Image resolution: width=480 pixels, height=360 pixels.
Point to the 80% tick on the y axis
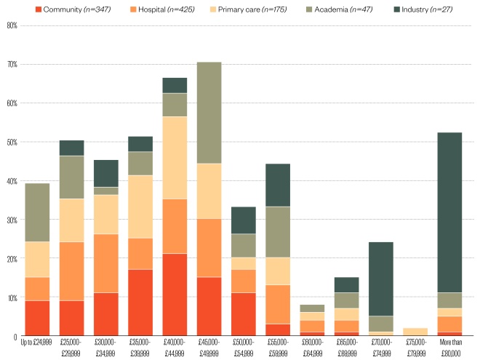11,25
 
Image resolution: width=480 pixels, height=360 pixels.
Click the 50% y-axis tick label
11,142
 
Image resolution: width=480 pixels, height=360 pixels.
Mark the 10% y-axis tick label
11,297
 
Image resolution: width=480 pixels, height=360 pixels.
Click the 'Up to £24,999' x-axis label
37,344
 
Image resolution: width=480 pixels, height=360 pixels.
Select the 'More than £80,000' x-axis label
449,344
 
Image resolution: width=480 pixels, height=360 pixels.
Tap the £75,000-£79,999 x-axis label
415,344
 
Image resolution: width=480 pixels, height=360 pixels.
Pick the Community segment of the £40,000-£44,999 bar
175,295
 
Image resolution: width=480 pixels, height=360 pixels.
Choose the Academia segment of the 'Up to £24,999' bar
37,212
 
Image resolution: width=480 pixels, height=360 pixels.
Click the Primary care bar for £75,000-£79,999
415,332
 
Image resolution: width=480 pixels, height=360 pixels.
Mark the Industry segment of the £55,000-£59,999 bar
278,185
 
